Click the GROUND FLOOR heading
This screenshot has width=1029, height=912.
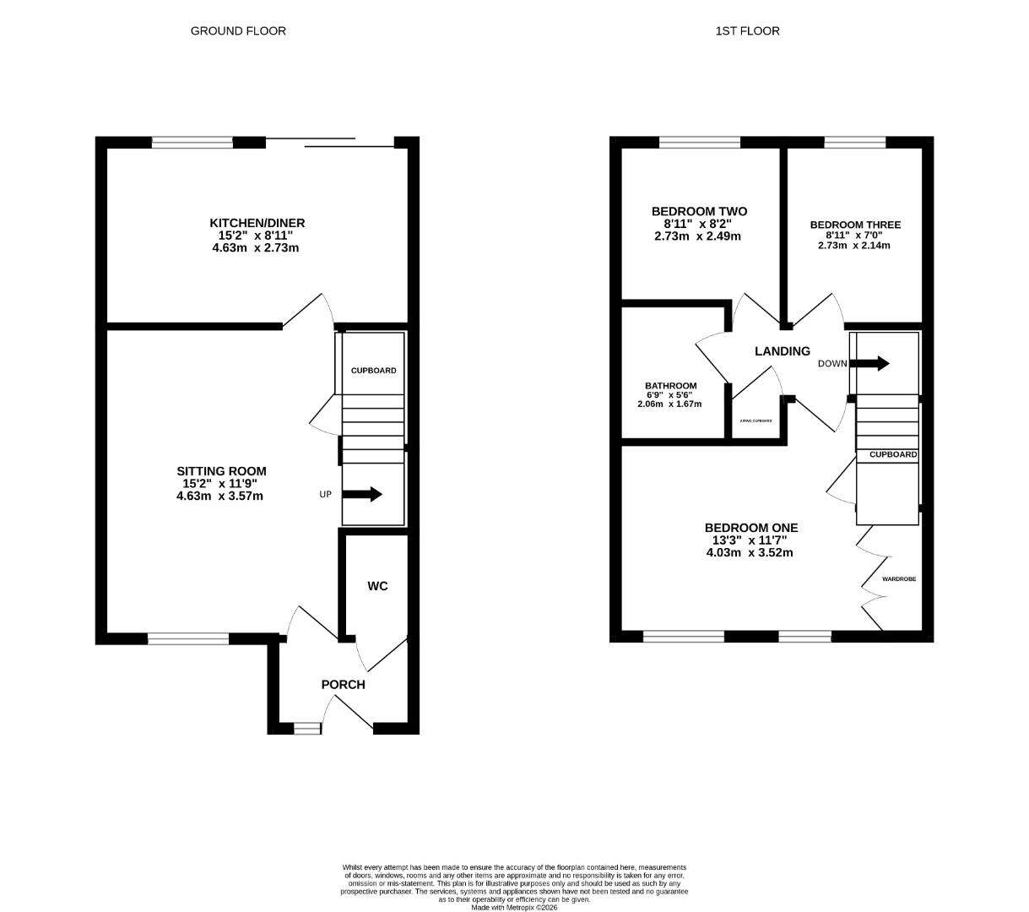[238, 31]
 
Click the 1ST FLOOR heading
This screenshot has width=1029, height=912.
[747, 31]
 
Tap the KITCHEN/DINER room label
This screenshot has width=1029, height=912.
[257, 223]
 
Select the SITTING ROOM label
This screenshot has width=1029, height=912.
[221, 471]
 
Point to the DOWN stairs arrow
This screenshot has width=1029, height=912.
[869, 364]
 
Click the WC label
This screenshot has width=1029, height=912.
[377, 586]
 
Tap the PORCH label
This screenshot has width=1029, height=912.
[343, 685]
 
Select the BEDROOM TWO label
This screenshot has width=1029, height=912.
[699, 211]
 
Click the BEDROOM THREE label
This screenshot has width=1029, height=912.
[855, 225]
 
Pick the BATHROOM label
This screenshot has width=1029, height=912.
[671, 386]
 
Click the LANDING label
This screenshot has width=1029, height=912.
[783, 351]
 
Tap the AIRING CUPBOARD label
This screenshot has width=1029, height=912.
[756, 421]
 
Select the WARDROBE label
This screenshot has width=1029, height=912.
[899, 579]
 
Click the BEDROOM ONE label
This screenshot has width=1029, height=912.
[751, 528]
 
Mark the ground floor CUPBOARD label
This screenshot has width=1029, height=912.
[373, 371]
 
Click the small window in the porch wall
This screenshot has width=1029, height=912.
[307, 728]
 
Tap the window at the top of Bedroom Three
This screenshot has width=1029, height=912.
[854, 142]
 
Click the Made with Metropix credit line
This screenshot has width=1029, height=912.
[514, 908]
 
